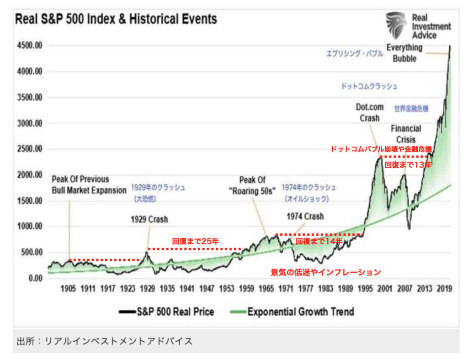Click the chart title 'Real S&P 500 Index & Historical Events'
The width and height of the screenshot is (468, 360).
tap(116, 20)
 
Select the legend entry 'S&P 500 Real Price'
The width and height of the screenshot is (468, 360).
tap(167, 312)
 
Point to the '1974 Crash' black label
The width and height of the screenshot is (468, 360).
tap(305, 216)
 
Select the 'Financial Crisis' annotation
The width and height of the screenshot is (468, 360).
tap(406, 133)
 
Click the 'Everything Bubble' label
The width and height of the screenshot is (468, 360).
tap(404, 53)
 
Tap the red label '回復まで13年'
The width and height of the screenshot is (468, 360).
tap(408, 164)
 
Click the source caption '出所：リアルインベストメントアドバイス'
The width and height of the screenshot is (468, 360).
tap(105, 341)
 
